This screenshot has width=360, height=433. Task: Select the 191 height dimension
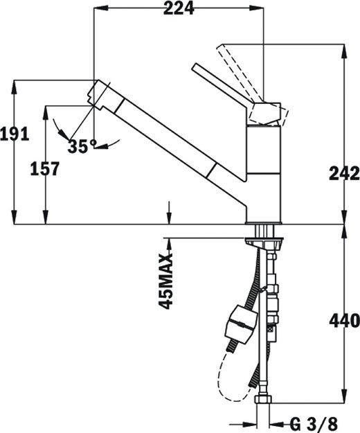coord(14,134)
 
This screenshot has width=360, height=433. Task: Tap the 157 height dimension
coord(44,168)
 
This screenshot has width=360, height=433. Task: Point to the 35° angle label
coord(82,146)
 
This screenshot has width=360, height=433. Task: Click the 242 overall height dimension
coord(344,173)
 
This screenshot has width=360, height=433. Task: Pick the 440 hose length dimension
coord(344,320)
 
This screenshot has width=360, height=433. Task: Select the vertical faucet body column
coord(264,173)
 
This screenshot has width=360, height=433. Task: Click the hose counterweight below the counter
coord(239,324)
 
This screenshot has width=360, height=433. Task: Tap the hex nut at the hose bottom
coord(263,403)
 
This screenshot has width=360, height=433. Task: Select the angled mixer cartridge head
coord(267,113)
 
